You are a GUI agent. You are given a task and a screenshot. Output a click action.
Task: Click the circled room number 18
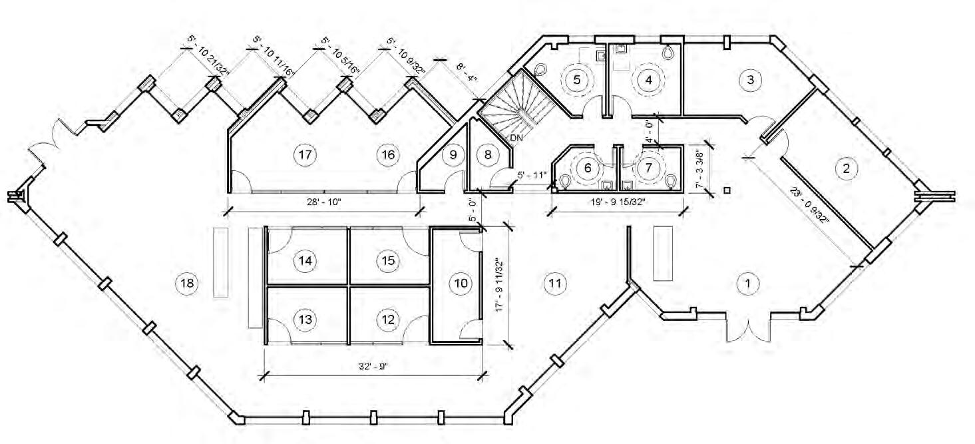187,284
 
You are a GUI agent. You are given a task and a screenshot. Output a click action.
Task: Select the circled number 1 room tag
747,284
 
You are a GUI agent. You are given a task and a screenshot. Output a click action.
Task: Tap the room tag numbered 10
460,284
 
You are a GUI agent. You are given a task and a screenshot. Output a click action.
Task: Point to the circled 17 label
305,155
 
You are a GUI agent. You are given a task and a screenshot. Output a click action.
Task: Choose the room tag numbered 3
750,80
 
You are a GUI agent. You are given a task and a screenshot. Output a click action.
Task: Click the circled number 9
453,155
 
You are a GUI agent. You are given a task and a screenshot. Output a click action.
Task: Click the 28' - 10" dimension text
321,202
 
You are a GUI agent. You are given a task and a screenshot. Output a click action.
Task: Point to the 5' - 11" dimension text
532,175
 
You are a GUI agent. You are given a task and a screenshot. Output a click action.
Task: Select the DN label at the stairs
516,138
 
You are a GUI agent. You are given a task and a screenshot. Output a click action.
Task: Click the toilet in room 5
540,69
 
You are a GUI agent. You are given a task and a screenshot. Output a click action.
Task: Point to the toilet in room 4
668,51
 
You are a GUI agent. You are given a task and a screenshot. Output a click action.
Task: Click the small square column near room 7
727,191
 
